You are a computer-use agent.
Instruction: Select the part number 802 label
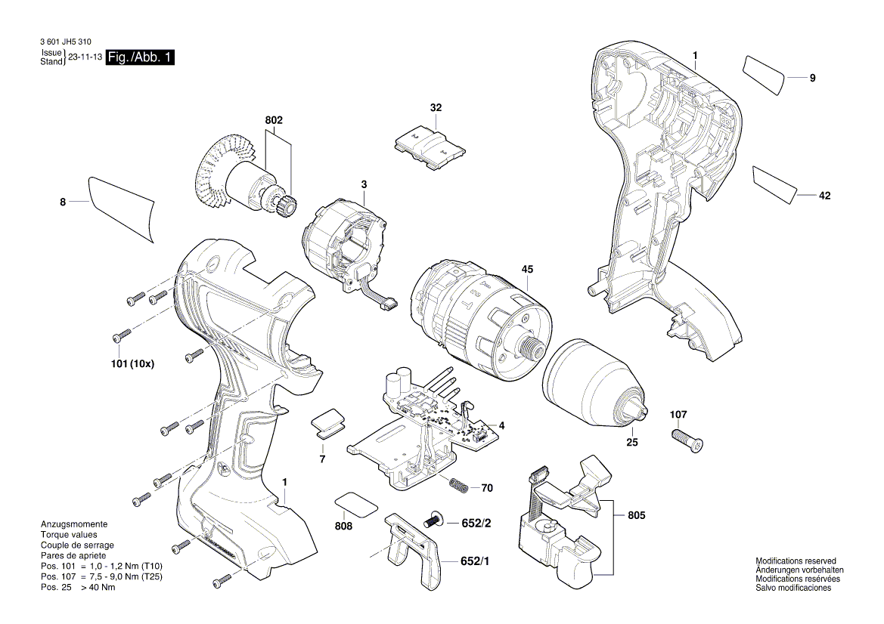pos(274,120)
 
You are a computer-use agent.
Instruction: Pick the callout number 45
pos(527,269)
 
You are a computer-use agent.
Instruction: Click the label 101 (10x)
pos(132,363)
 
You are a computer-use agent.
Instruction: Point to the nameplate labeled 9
pos(765,74)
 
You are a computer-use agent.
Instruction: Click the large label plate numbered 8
pos(121,209)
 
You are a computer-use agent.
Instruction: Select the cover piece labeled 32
pos(430,145)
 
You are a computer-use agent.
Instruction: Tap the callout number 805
pos(637,516)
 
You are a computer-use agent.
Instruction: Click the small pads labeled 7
pos(328,424)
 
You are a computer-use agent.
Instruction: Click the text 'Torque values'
pos(65,534)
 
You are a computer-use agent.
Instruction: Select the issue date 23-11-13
pos(85,57)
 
